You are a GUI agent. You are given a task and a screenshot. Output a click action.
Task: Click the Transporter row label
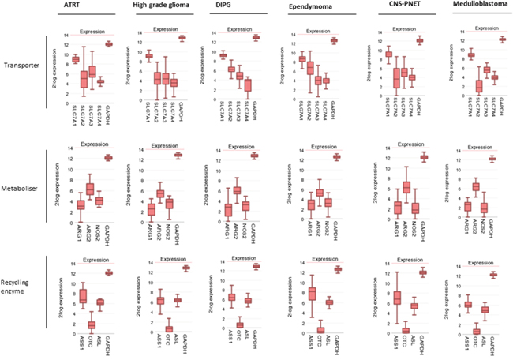click(x=23, y=66)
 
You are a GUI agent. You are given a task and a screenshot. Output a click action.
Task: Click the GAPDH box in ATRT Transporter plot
click(x=110, y=44)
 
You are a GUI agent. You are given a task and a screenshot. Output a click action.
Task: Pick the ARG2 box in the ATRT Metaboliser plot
click(x=90, y=189)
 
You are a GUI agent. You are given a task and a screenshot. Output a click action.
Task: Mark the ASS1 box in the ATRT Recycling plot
click(x=83, y=297)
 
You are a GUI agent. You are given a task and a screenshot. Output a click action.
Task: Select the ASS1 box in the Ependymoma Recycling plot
click(x=312, y=294)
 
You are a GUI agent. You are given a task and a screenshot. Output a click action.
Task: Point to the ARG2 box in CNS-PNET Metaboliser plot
click(x=407, y=188)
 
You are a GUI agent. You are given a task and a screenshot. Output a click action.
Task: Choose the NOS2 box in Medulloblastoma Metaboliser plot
click(x=485, y=208)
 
